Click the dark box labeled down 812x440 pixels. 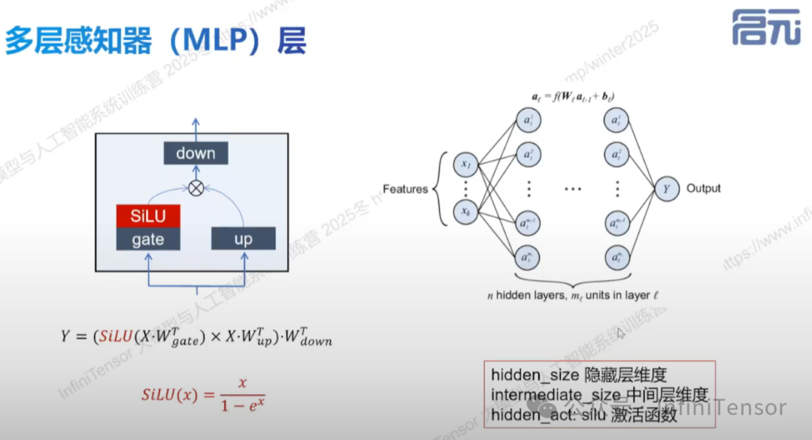(195, 154)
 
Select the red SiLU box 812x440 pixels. (148, 217)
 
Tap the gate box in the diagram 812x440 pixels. (148, 239)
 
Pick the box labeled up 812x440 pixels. (244, 239)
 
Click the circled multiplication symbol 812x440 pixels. (196, 188)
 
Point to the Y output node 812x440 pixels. (665, 189)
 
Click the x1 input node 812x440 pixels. (466, 164)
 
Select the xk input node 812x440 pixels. (466, 213)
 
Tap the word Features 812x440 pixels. (404, 189)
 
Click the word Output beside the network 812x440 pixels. (703, 188)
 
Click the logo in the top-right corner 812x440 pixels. (766, 28)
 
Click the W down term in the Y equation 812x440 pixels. (307, 338)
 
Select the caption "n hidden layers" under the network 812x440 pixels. (527, 296)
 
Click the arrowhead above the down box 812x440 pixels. (195, 121)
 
